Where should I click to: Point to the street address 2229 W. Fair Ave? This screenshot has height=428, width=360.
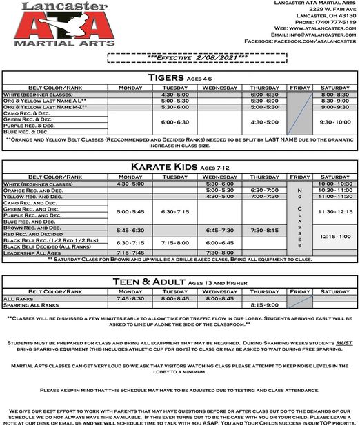(330, 9)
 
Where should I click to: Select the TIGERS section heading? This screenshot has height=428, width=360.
(164, 78)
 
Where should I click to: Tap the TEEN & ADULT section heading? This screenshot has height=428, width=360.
(160, 282)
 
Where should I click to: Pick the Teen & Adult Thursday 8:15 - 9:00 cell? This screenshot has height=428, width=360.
(264, 305)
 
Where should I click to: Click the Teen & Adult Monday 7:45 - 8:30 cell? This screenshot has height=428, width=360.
(130, 298)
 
